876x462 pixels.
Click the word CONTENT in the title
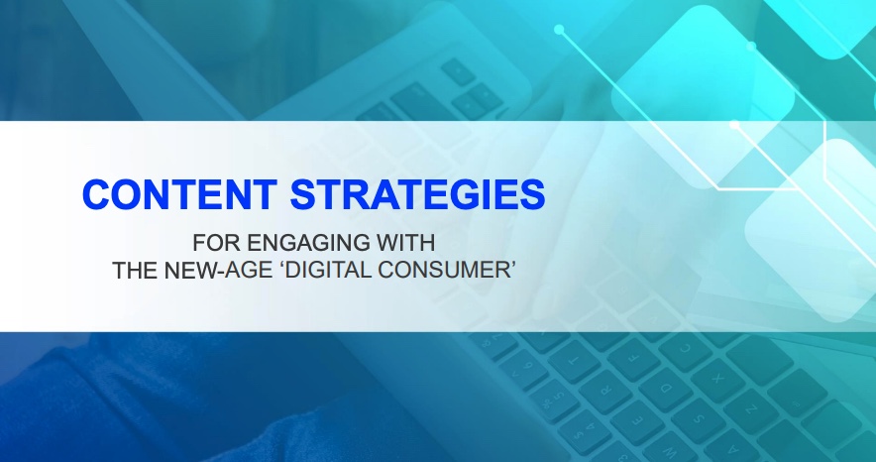point(179,194)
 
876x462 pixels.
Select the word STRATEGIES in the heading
point(417,194)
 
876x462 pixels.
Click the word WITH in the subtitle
point(405,243)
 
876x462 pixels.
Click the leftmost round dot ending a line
point(559,29)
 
